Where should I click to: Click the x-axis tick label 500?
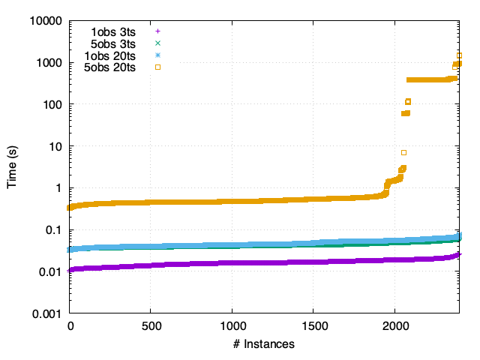[x=151, y=327]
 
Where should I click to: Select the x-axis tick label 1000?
[x=232, y=327]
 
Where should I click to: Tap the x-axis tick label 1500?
[x=313, y=327]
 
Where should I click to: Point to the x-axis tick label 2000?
[x=394, y=327]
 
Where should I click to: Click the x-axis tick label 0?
[x=70, y=327]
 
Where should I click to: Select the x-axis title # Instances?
[x=264, y=344]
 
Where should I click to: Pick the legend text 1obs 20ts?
[x=110, y=55]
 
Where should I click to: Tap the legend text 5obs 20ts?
[x=110, y=67]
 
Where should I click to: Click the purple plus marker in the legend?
[x=157, y=31]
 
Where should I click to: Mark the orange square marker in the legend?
[x=157, y=67]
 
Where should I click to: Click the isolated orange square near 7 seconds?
[x=404, y=152]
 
